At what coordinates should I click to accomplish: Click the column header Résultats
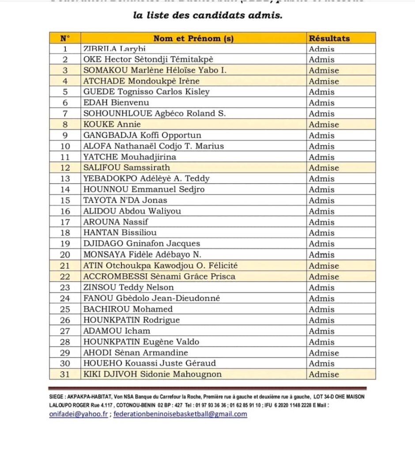329,38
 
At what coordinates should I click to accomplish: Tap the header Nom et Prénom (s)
193,38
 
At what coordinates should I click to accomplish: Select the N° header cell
65,38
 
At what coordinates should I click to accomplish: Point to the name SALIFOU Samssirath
127,168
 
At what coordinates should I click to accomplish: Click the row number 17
65,222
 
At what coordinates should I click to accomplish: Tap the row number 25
65,309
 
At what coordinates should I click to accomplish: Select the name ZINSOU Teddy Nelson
128,287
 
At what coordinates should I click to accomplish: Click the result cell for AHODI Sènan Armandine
324,353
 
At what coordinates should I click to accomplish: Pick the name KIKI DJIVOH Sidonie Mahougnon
152,374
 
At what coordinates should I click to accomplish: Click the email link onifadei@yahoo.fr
79,414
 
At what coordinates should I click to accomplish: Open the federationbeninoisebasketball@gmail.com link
180,414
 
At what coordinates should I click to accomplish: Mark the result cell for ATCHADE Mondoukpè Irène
324,81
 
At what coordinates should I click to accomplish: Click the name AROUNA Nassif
116,222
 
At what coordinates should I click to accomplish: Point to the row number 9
65,136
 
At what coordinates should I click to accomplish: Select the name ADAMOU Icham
117,331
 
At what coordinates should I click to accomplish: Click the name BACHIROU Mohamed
128,309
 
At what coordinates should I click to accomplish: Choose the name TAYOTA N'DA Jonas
125,200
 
